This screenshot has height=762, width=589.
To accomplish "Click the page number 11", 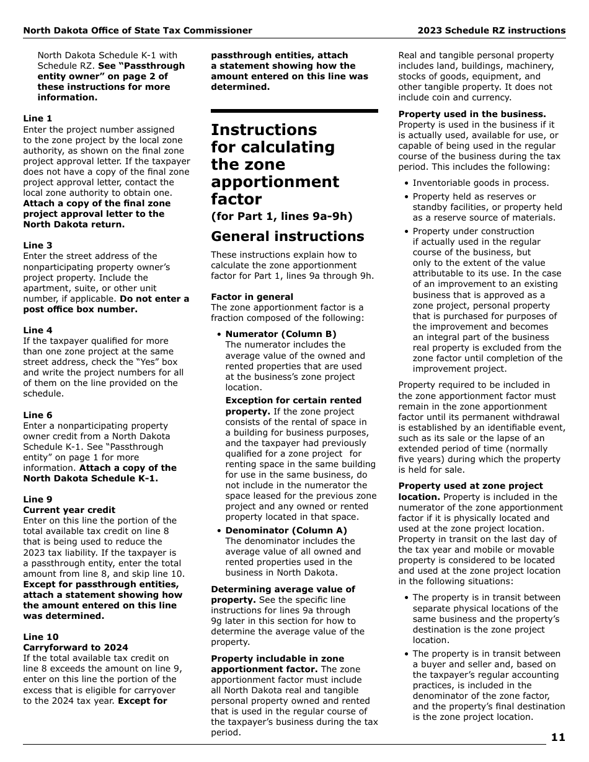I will (557, 737).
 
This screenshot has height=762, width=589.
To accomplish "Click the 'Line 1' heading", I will (38, 118).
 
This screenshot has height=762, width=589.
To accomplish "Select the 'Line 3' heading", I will (38, 245).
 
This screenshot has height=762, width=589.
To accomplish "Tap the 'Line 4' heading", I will (38, 330).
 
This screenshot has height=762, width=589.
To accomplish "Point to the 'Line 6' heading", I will (38, 415).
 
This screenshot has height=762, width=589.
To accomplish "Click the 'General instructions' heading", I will (288, 237).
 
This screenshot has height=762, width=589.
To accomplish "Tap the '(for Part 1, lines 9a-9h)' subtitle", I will (281, 216).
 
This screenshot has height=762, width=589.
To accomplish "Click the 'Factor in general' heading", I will (252, 297).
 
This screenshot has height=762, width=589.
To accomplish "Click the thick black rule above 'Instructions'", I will (294, 111).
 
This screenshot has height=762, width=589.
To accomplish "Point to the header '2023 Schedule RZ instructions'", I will (491, 30).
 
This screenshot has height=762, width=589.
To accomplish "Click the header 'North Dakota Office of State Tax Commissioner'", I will (138, 30).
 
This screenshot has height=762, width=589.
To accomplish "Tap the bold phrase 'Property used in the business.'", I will (472, 114).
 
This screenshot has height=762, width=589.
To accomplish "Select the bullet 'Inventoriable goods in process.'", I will (480, 183).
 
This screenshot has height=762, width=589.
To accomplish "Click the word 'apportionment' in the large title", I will (275, 182).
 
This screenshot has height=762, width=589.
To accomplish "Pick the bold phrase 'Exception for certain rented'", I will (285, 400).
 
